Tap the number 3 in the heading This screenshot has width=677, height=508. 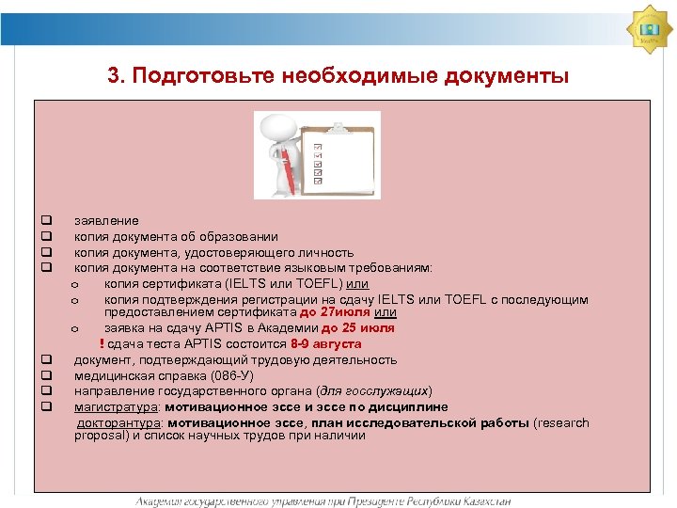(114, 75)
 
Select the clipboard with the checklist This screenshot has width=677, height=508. (339, 154)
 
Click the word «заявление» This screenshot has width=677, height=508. (106, 221)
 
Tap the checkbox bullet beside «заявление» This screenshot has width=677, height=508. (44, 221)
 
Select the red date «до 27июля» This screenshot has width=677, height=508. (335, 312)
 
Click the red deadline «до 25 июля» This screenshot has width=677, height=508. (358, 328)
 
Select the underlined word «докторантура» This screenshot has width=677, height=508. (118, 422)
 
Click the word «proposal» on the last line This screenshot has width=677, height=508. (102, 436)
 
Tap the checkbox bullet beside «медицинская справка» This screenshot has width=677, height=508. (44, 375)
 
